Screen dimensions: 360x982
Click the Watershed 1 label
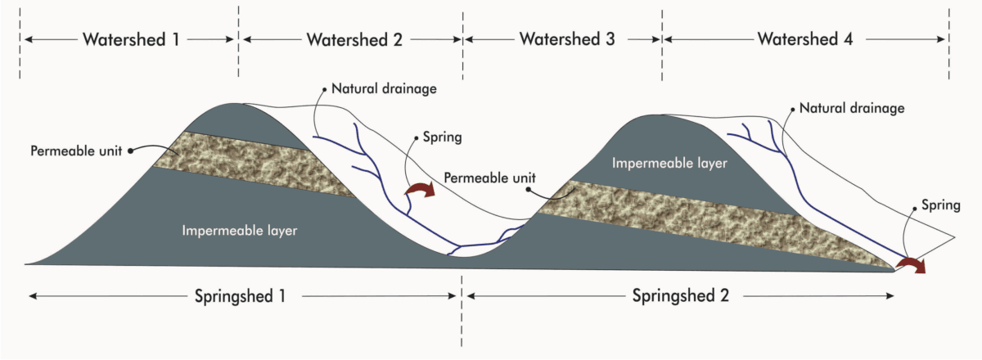pyautogui.click(x=130, y=39)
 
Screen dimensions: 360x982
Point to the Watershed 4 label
pyautogui.click(x=805, y=39)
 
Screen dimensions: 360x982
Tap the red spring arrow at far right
pyautogui.click(x=909, y=263)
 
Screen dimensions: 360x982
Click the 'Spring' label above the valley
pyautogui.click(x=440, y=137)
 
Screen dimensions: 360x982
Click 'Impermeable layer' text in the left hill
pyautogui.click(x=237, y=231)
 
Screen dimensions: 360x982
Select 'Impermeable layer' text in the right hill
pyautogui.click(x=669, y=163)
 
